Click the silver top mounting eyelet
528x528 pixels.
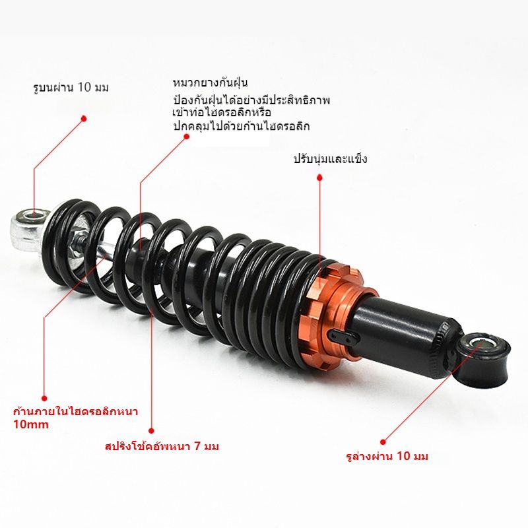[x=28, y=230]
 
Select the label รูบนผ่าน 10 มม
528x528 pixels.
[x=71, y=88]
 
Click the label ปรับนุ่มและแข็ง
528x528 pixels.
[x=330, y=159]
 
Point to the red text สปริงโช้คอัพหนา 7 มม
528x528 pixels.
[x=162, y=447]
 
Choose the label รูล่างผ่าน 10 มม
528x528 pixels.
[x=387, y=456]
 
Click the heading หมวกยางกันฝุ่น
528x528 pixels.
[x=210, y=83]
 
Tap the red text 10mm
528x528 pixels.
[x=31, y=424]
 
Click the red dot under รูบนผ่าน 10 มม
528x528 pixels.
[x=84, y=119]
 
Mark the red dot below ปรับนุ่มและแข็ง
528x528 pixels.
[x=320, y=177]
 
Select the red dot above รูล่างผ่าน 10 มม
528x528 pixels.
[x=383, y=442]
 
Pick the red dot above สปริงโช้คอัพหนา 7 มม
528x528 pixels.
[x=152, y=431]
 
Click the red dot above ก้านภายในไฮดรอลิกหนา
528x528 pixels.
[x=44, y=399]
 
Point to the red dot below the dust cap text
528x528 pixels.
[x=186, y=136]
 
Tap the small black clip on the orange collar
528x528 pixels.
[x=344, y=336]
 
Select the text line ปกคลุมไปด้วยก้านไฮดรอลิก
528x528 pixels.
[x=241, y=127]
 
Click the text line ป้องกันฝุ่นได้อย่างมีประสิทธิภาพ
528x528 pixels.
[x=251, y=100]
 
